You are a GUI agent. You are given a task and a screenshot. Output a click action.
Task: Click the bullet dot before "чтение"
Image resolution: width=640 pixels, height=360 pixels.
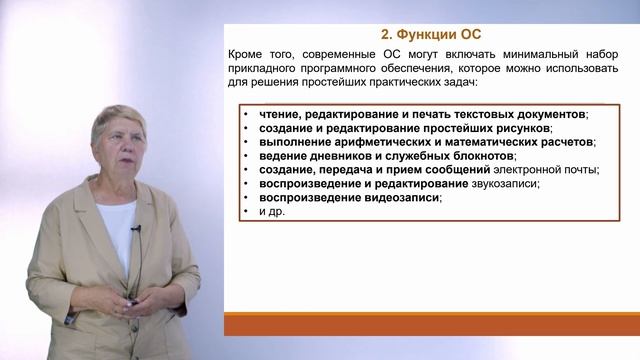click(x=245, y=114)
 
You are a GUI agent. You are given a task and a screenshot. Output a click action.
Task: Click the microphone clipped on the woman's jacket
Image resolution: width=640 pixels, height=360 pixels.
click(x=137, y=230)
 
